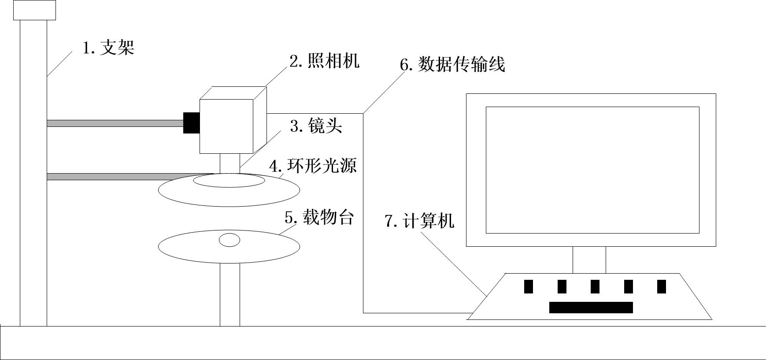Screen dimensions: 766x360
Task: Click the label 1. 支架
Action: [108, 48]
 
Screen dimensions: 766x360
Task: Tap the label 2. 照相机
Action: [324, 61]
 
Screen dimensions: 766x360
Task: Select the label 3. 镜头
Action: [316, 126]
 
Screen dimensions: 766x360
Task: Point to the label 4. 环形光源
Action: [313, 166]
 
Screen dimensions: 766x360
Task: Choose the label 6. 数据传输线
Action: [452, 64]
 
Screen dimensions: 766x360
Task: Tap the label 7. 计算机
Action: [420, 221]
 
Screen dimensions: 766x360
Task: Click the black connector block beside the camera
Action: [192, 123]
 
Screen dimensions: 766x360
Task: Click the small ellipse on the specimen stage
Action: [230, 240]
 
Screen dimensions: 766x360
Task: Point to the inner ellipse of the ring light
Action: [229, 180]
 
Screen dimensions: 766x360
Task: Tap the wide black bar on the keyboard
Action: [591, 308]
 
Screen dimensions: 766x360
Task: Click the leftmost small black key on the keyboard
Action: [529, 286]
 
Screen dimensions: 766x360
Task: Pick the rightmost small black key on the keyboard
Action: [662, 286]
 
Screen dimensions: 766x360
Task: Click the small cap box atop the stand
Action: [35, 10]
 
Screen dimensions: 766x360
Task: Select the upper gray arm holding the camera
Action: [115, 123]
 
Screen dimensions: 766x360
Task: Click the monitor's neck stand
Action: [589, 260]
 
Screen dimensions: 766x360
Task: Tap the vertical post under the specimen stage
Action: [230, 295]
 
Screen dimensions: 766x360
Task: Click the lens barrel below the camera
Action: [230, 163]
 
